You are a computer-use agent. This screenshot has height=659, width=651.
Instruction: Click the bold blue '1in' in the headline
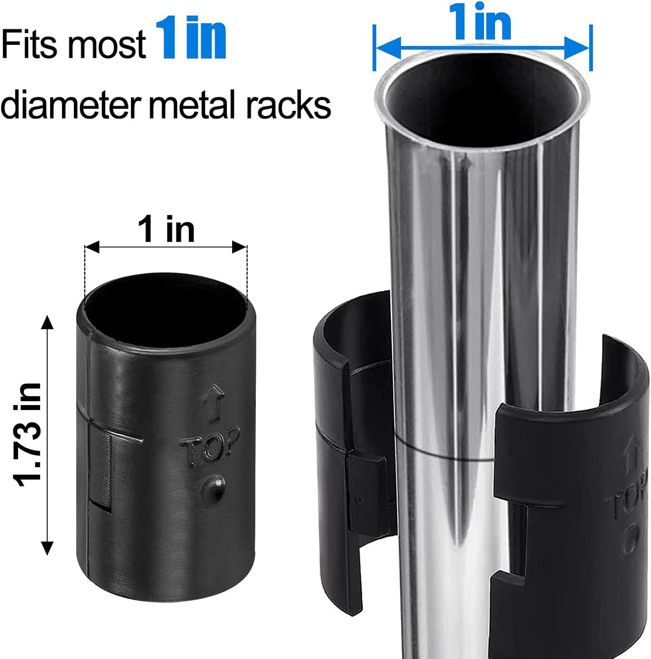point(191,39)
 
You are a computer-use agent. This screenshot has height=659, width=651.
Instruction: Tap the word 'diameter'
point(70,105)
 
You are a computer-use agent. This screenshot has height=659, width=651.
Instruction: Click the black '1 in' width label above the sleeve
point(166,230)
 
